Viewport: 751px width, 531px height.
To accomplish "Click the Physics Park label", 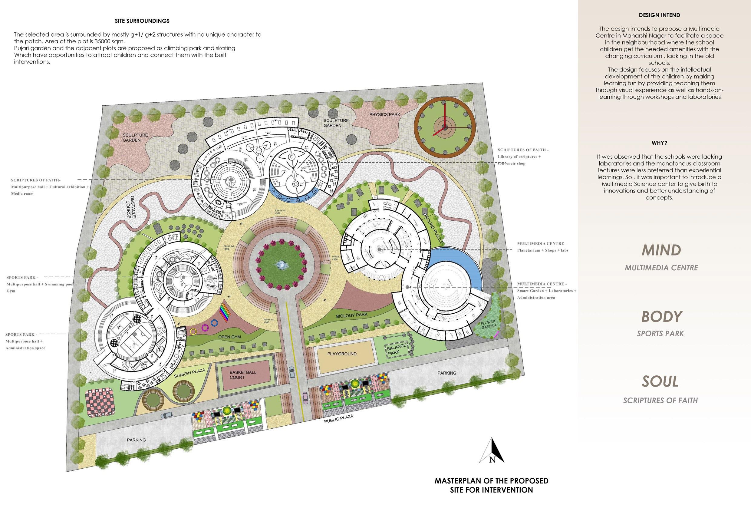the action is point(385,114).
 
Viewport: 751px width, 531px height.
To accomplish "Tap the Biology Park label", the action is point(352,315).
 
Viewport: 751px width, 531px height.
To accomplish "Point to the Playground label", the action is point(342,354).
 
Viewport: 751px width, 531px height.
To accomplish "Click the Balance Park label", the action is point(396,349).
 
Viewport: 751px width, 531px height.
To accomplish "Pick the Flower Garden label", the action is point(488,325).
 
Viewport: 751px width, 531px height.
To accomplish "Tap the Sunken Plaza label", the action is point(189,373).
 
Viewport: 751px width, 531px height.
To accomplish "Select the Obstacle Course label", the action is point(131,207).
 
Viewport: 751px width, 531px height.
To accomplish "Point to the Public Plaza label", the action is point(338,419).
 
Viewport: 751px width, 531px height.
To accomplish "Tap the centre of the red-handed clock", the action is point(444,127).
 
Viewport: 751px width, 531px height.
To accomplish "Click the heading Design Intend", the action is point(659,15).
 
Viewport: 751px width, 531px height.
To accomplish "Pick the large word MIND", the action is point(661,250).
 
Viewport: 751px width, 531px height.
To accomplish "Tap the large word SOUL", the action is point(660,381).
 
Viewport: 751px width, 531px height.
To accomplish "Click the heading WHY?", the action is point(659,143).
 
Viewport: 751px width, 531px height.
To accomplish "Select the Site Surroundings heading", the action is point(142,21).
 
